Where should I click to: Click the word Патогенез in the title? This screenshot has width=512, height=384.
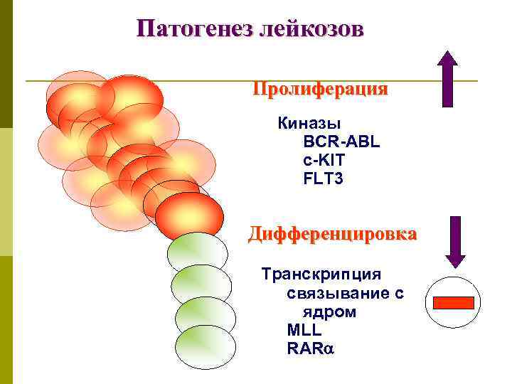[x=186, y=29]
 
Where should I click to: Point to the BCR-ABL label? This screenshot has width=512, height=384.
[x=341, y=142]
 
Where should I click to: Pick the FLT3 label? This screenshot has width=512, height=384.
[x=323, y=178]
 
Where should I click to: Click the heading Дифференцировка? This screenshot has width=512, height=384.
[x=332, y=234]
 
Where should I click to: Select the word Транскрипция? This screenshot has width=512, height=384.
[x=321, y=274]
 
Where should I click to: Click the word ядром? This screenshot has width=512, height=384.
[x=329, y=311]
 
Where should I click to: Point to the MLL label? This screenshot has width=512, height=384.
[x=304, y=330]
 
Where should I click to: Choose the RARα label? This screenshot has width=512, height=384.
[x=310, y=348]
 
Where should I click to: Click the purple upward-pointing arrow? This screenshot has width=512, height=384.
[x=447, y=78]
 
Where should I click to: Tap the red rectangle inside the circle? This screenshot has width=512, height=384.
[x=453, y=302]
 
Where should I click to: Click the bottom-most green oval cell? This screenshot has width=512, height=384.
[x=205, y=347]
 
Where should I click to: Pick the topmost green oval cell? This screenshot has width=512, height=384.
[x=197, y=254]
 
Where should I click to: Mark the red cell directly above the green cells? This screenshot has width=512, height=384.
[x=189, y=215]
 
